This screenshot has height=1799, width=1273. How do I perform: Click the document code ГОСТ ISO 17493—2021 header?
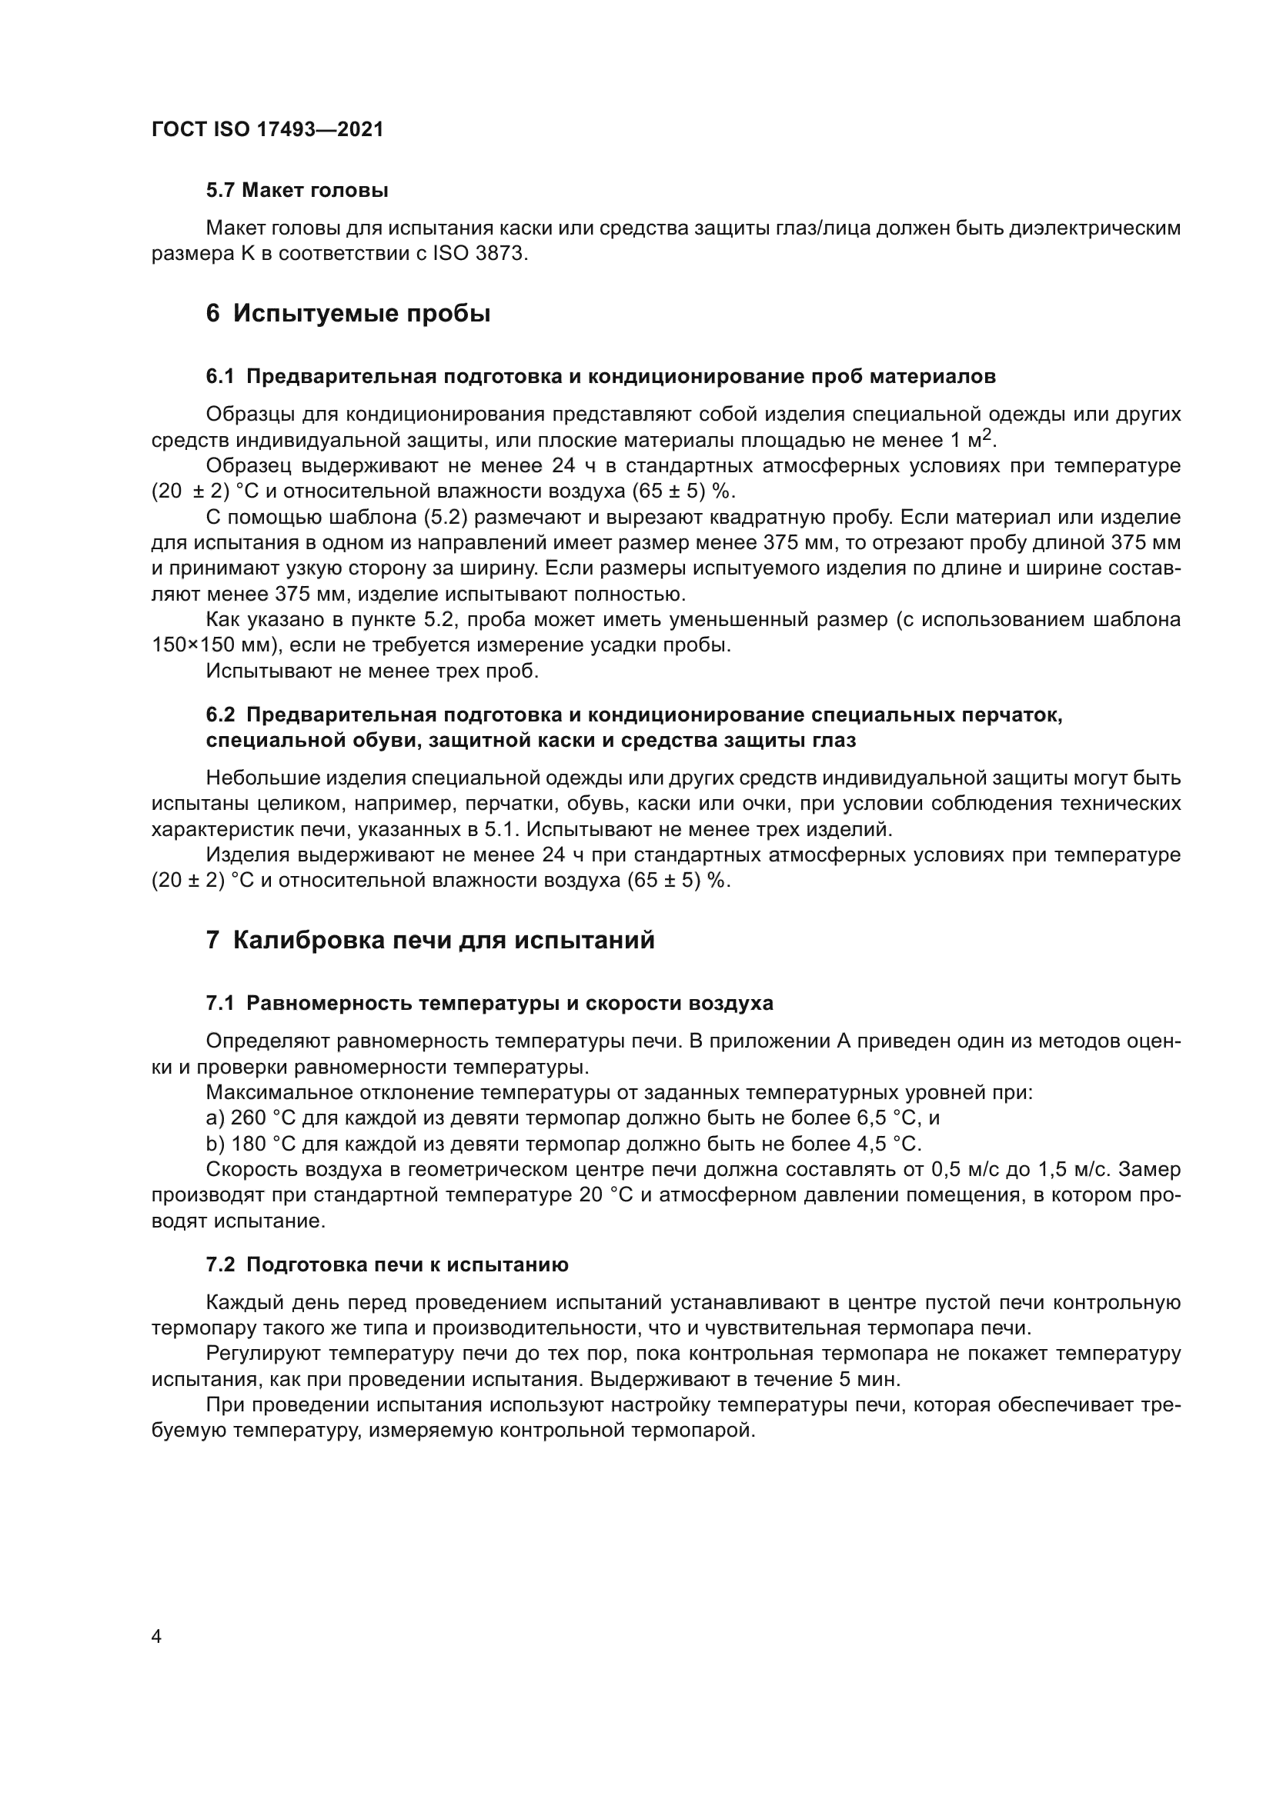click(x=267, y=130)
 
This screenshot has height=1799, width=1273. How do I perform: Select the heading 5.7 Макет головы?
click(x=297, y=191)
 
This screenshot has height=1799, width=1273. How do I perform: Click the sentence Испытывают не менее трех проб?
click(x=373, y=671)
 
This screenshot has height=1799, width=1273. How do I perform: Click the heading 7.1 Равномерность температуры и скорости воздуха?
click(x=489, y=1003)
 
